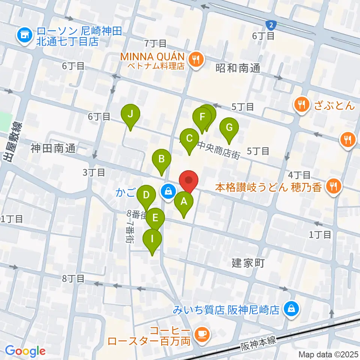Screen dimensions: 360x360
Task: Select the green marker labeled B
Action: click(161, 159)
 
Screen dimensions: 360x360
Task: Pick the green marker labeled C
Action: click(189, 139)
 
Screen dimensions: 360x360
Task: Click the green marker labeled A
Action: click(184, 202)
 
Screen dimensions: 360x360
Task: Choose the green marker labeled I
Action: click(152, 238)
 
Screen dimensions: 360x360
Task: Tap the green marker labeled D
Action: click(146, 195)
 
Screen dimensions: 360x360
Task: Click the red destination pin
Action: click(189, 180)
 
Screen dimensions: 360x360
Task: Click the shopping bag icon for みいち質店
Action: click(290, 309)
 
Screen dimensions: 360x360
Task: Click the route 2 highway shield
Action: click(271, 25)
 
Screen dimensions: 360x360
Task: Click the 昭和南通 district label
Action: click(238, 68)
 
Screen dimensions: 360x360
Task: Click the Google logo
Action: click(25, 351)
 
